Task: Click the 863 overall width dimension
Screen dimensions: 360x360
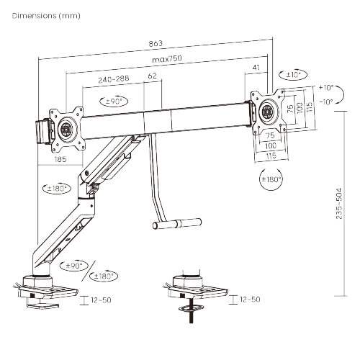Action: (x=156, y=43)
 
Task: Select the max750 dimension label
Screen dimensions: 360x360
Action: (x=167, y=58)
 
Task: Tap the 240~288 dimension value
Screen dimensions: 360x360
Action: (x=114, y=78)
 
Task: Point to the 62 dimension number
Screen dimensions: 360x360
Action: (x=153, y=76)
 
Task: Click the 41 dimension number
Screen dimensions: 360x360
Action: (x=256, y=67)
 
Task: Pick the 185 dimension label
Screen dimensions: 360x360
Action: (x=60, y=159)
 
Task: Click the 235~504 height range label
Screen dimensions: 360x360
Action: (x=338, y=203)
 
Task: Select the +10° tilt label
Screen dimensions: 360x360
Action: (x=326, y=88)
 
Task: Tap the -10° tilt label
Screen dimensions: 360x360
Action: (x=326, y=102)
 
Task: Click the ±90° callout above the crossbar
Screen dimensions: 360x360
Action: (x=114, y=101)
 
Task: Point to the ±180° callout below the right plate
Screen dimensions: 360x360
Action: (x=271, y=179)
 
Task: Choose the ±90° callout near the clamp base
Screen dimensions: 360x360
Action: (x=74, y=266)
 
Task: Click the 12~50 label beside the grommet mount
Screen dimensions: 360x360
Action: (x=250, y=300)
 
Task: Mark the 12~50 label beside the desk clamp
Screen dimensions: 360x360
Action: (x=101, y=300)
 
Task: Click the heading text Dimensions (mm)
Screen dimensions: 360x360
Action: (x=46, y=16)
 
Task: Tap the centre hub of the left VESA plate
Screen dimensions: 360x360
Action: (x=65, y=130)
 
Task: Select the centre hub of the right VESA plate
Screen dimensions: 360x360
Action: (x=266, y=112)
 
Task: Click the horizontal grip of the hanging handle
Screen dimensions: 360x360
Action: (x=177, y=224)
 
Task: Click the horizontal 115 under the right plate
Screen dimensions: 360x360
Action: (x=271, y=156)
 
